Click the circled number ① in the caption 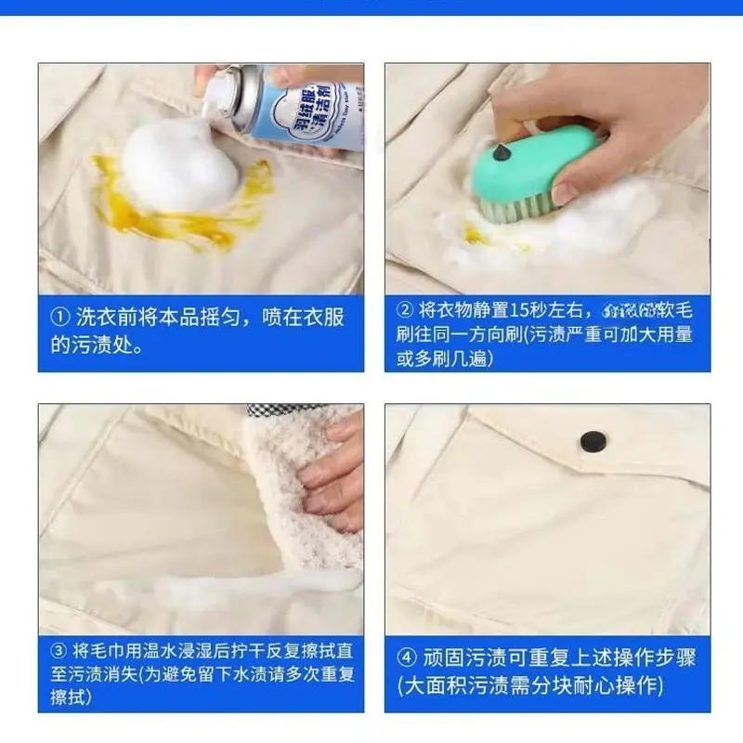pyautogui.click(x=60, y=318)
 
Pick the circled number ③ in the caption pyautogui.click(x=60, y=651)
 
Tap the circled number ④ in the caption pyautogui.click(x=406, y=658)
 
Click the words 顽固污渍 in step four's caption pyautogui.click(x=463, y=658)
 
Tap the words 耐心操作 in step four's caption pyautogui.click(x=621, y=686)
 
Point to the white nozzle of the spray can pyautogui.click(x=211, y=88)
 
